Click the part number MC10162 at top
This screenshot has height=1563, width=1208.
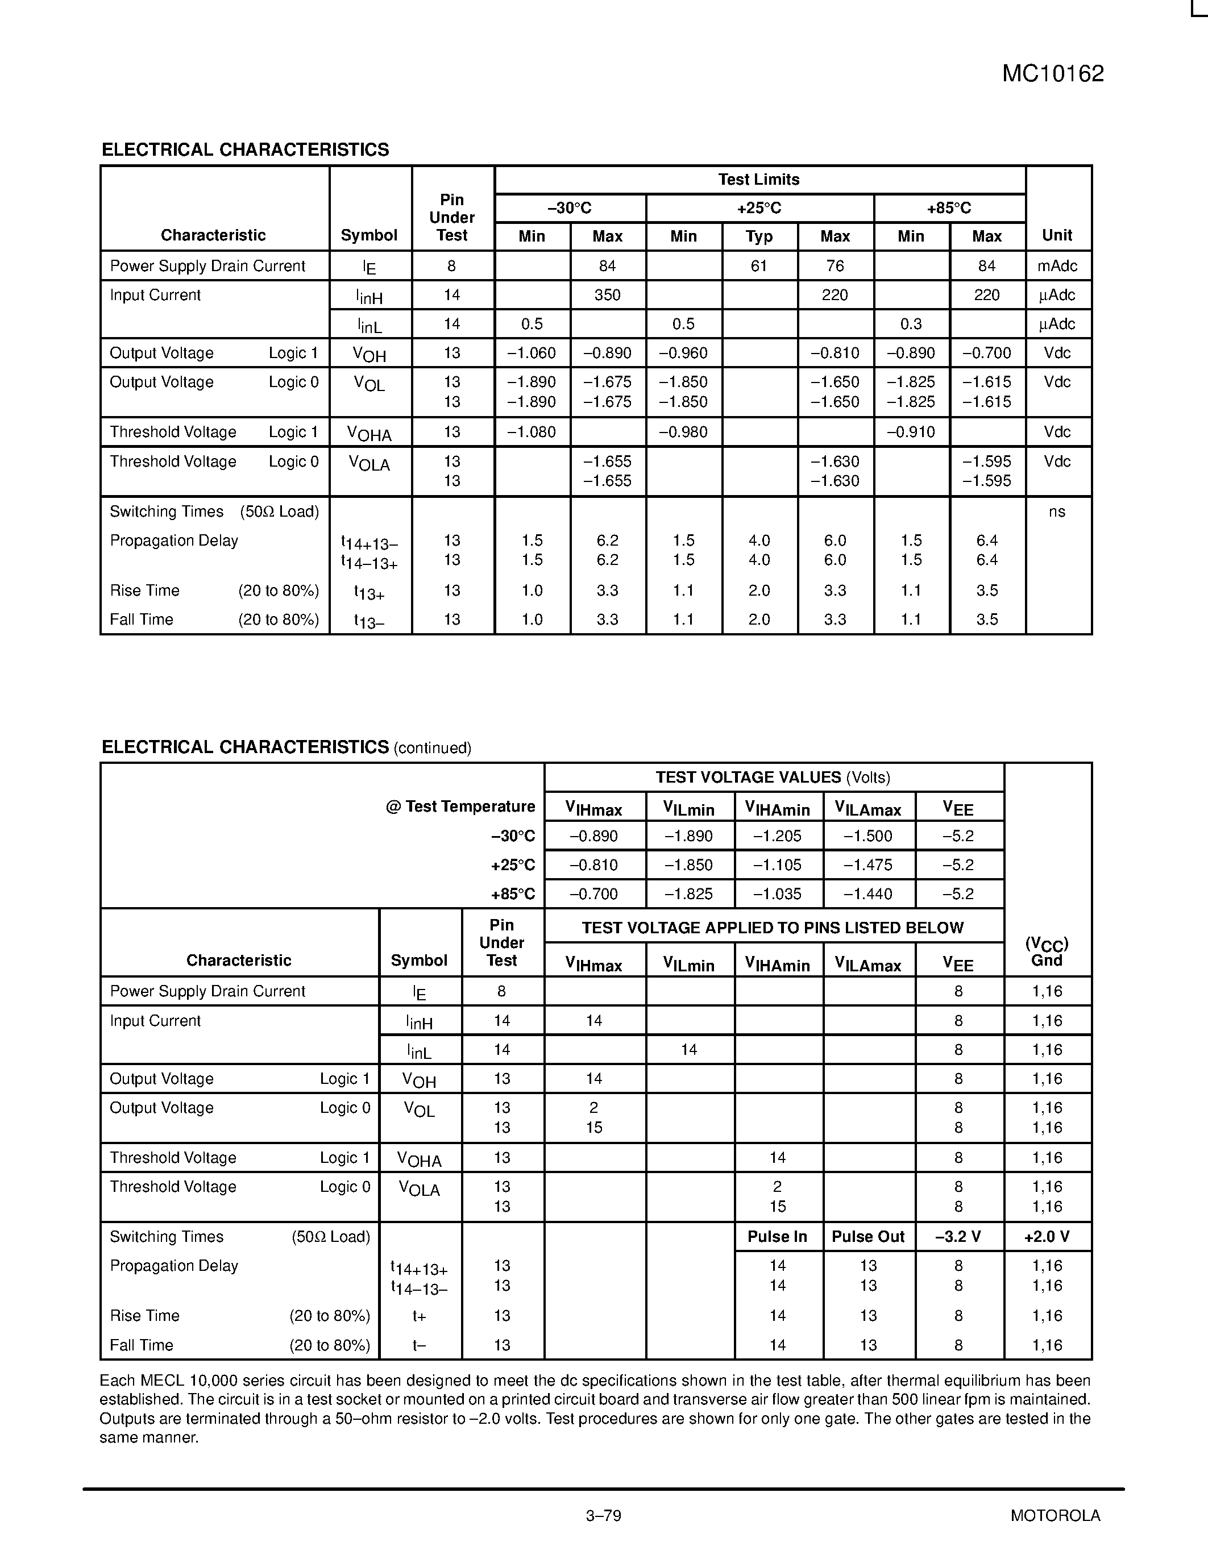1052,74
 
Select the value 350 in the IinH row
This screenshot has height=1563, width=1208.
607,295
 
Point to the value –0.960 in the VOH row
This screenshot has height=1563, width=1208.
683,353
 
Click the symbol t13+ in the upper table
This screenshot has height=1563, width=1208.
370,592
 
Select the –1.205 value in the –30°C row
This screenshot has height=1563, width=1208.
777,836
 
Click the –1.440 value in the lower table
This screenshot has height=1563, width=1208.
867,894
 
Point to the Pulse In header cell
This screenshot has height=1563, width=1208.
777,1237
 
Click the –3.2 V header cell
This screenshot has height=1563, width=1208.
958,1237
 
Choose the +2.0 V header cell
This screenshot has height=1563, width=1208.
1047,1237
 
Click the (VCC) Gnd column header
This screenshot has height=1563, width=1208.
1047,952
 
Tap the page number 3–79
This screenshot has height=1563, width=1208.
603,1515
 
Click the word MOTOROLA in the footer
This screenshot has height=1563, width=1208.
1055,1515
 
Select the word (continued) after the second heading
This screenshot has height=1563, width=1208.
432,749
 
